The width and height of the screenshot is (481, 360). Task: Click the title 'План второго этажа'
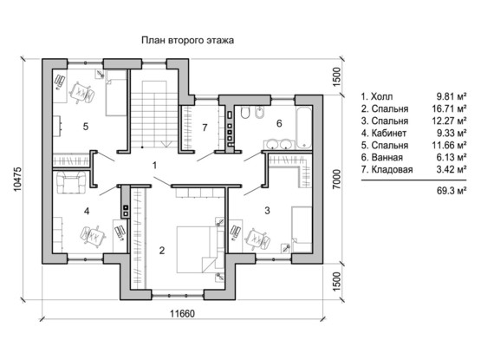(187, 40)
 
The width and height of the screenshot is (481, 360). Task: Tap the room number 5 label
(86, 127)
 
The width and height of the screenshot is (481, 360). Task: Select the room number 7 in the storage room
(205, 128)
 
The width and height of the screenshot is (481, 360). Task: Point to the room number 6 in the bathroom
(279, 123)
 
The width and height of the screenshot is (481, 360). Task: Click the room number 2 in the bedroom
(162, 251)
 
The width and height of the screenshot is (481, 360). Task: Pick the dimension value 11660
(183, 314)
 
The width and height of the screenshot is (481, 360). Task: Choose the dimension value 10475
(17, 179)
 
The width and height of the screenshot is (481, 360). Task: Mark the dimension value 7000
(336, 179)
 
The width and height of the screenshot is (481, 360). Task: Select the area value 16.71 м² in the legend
(449, 108)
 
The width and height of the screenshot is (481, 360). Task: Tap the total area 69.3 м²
(452, 191)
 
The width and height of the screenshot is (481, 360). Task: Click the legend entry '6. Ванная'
(382, 157)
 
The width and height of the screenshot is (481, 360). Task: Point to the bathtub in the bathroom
(303, 128)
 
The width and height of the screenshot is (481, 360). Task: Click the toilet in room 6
(245, 113)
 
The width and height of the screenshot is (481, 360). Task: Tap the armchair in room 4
(71, 182)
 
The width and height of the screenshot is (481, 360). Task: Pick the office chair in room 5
(82, 93)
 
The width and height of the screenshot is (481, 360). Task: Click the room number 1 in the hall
(154, 166)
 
